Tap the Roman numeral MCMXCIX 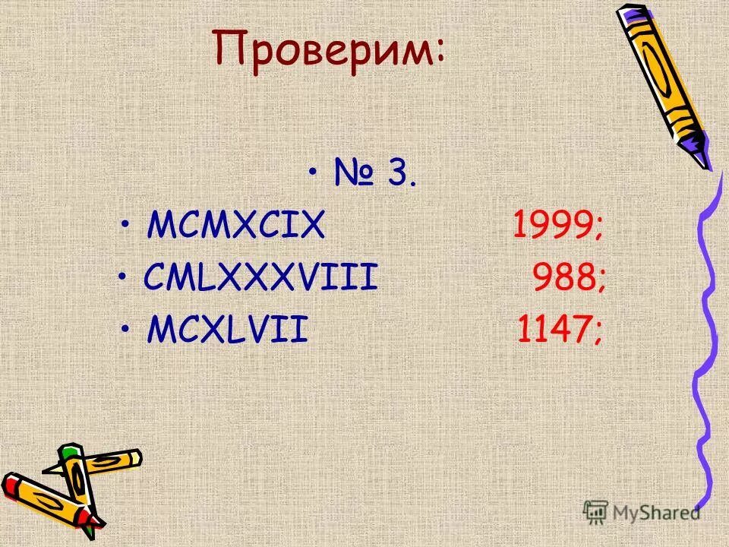click(236, 225)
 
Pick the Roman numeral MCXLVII click(228, 330)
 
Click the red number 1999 click(551, 225)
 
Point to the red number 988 click(561, 278)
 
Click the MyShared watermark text click(656, 513)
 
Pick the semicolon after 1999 click(599, 228)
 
